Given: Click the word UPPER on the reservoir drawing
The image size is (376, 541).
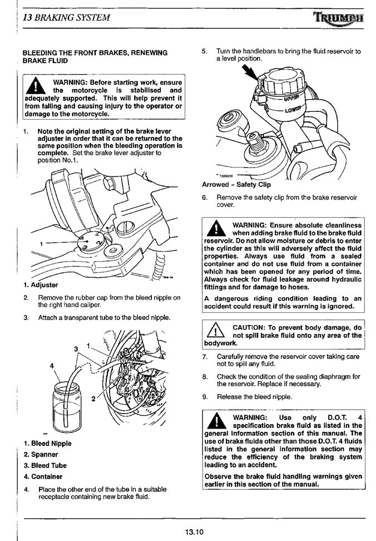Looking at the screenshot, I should [x=292, y=97].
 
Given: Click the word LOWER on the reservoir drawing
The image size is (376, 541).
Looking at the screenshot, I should [x=293, y=109].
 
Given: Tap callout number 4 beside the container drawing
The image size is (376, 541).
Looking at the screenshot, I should [x=52, y=366].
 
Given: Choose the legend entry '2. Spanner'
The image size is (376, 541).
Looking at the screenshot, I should [x=41, y=454].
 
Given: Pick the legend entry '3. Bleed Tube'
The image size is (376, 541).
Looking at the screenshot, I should [x=45, y=465].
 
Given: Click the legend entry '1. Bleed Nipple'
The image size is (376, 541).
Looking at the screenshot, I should [x=48, y=444].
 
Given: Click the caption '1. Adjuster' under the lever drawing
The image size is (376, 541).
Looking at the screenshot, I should [x=41, y=284].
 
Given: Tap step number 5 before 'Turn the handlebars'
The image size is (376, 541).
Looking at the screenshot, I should [x=205, y=51].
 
